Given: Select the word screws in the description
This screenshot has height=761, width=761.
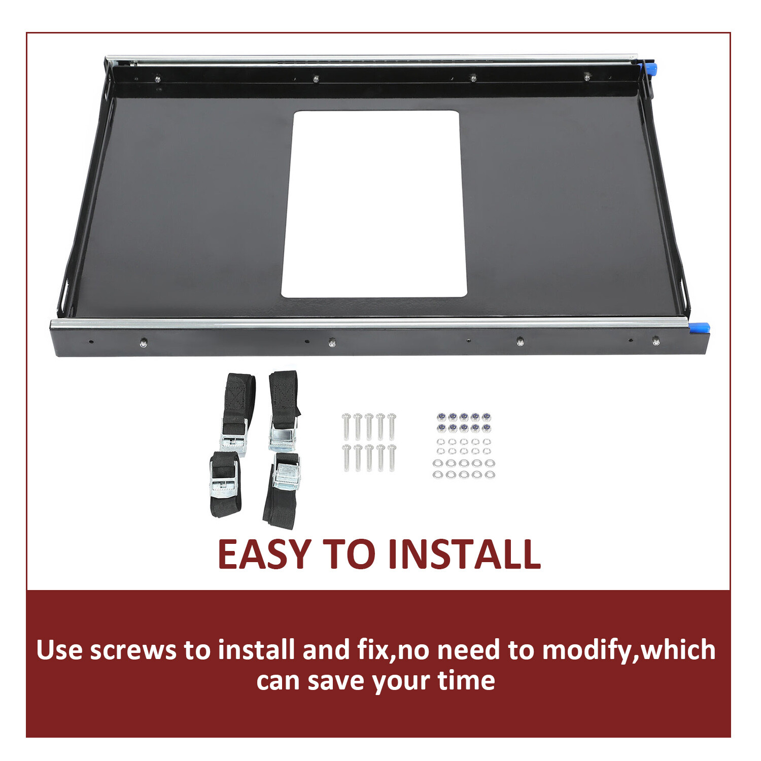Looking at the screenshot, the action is (x=133, y=650).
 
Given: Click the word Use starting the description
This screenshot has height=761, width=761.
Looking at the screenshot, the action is (x=59, y=650).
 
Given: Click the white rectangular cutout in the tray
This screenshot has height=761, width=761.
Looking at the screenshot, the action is (x=374, y=204).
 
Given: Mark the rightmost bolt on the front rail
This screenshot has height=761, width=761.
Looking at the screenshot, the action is (x=656, y=341).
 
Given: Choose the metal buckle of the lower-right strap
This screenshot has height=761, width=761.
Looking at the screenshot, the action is (x=287, y=476).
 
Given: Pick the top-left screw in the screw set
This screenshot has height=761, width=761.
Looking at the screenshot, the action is (x=347, y=426).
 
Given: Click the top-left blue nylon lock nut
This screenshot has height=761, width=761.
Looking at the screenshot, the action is (x=440, y=417).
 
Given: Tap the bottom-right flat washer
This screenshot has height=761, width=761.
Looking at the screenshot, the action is (x=490, y=475).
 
